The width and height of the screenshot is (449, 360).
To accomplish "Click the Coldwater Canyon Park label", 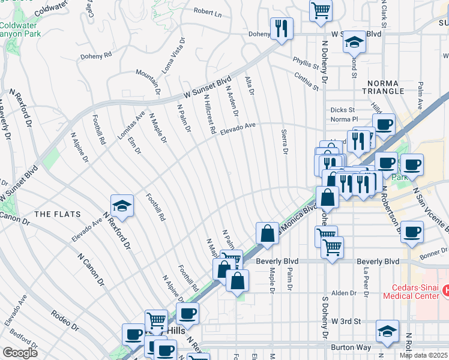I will tap(20, 30).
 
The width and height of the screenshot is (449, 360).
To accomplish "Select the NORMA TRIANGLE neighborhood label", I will tap(383, 86).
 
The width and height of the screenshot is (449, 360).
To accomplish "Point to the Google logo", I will tap(19, 353).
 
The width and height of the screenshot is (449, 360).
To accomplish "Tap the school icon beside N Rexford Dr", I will tap(122, 206).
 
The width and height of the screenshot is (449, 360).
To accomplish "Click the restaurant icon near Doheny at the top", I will tap(281, 28).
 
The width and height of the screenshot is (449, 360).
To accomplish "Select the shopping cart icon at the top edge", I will tap(321, 10).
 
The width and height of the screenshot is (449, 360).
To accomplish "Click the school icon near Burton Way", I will tap(387, 331).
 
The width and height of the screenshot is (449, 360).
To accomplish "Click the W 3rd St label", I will tap(348, 322).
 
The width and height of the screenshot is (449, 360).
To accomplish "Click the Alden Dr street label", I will tap(343, 293).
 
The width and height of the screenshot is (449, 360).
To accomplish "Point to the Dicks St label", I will tap(343, 110).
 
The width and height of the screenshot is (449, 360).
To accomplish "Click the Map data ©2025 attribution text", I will tap(423, 355).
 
